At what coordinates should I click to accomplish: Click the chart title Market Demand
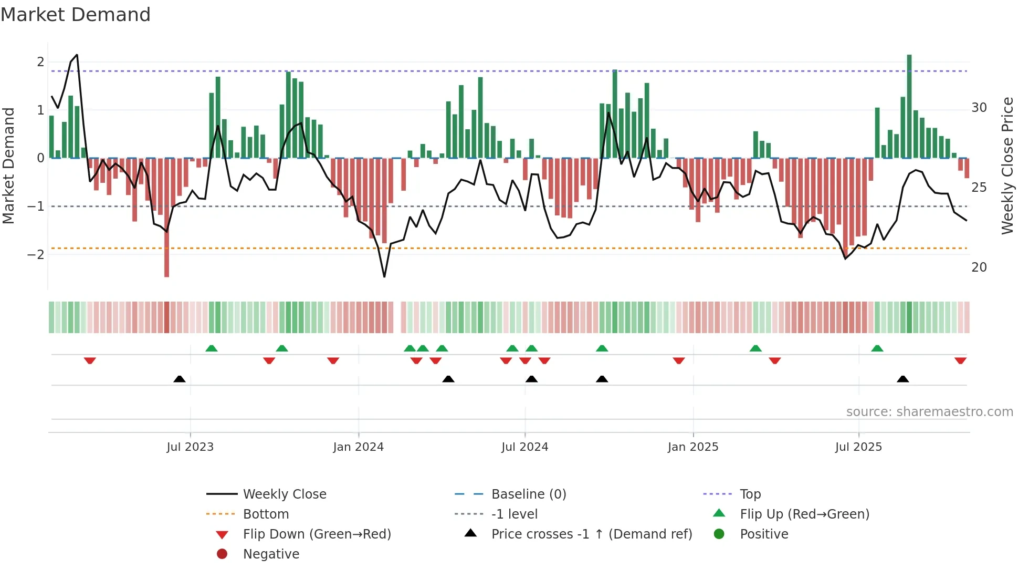tap(76, 15)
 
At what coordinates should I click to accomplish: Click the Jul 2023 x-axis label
tap(190, 447)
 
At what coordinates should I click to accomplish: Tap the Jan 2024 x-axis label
tap(358, 447)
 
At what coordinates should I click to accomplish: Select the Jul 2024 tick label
tap(524, 447)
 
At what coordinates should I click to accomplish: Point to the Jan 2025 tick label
tap(692, 447)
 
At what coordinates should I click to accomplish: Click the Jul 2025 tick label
tap(858, 447)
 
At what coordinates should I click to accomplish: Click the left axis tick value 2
tap(40, 62)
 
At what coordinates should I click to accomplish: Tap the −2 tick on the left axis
tap(36, 255)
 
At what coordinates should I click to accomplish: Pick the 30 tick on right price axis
tap(979, 108)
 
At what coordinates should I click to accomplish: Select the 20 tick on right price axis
tap(979, 267)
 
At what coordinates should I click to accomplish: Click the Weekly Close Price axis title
tap(1007, 166)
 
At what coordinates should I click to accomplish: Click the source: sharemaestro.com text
tap(929, 412)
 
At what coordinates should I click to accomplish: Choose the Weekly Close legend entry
tap(284, 494)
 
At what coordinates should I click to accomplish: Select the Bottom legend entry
tap(266, 514)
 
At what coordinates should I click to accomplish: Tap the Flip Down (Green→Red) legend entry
tap(317, 534)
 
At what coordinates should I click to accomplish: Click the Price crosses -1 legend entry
tap(591, 534)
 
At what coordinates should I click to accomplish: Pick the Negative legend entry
tap(271, 554)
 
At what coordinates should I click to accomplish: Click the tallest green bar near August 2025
tap(909, 105)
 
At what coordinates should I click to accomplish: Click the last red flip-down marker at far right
tap(960, 361)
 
